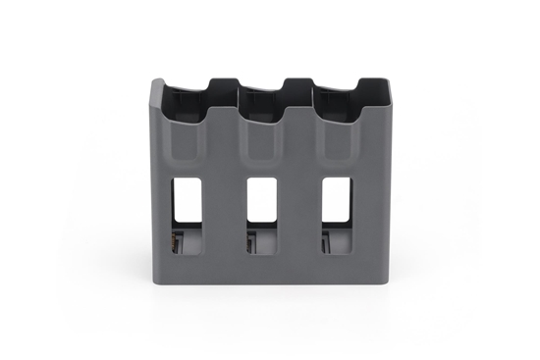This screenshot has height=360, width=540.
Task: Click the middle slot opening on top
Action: click(270, 95)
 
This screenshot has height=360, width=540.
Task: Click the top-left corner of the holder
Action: click(153, 84)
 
